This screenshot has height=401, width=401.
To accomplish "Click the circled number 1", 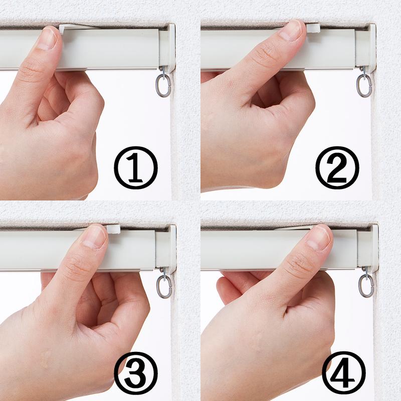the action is (136, 168).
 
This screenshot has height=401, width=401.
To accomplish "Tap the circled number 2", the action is (337, 168).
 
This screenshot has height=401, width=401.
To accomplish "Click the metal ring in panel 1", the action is (163, 85).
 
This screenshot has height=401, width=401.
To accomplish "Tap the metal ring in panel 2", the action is (364, 85).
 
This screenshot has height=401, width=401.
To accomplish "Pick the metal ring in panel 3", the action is (164, 286).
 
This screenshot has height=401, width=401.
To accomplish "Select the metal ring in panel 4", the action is (366, 285).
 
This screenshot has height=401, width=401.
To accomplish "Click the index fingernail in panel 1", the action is (47, 39).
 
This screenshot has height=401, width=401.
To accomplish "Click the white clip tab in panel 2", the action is (314, 28).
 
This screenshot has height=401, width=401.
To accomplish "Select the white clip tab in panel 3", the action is (113, 230).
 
